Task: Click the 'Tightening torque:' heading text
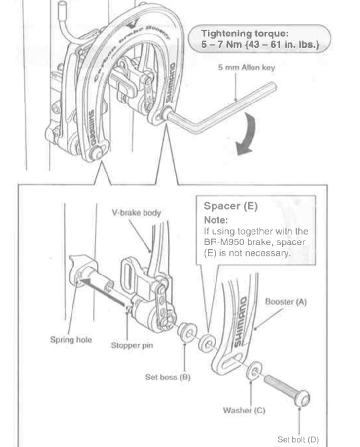246,34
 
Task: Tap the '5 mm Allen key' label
246,68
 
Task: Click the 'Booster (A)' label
286,302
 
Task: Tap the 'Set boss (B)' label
168,378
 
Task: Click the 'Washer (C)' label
245,411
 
